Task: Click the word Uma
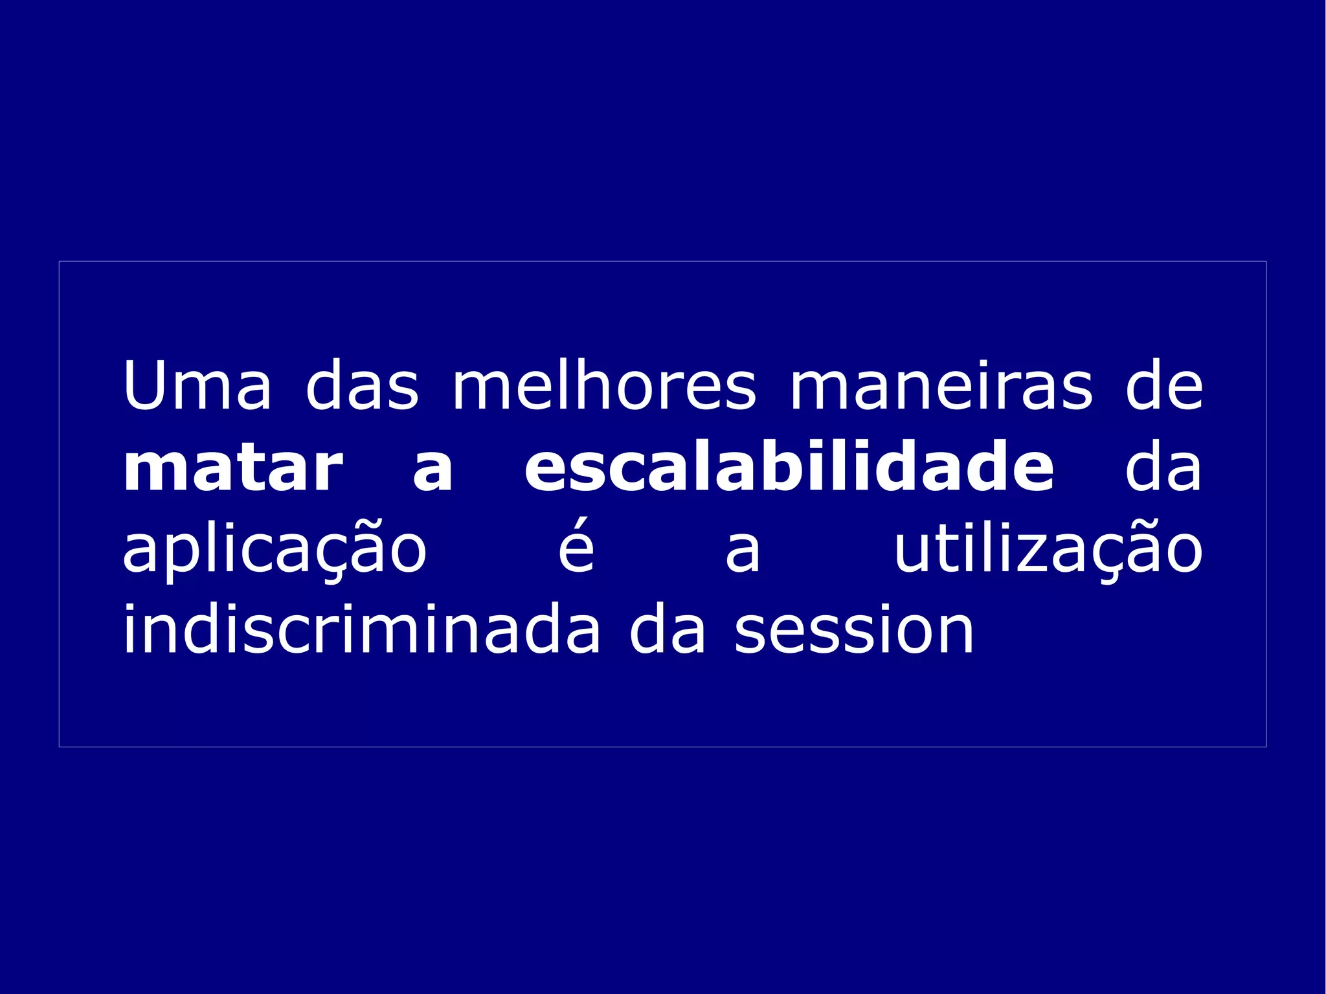pyautogui.click(x=197, y=386)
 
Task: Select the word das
pyautogui.click(x=362, y=386)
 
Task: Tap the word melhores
pyautogui.click(x=603, y=386)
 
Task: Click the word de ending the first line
pyautogui.click(x=1164, y=387)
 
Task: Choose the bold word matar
pyautogui.click(x=233, y=468)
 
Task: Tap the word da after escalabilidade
pyautogui.click(x=1163, y=468)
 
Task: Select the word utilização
pyautogui.click(x=1048, y=549)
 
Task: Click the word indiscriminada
pyautogui.click(x=361, y=629)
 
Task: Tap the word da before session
pyautogui.click(x=668, y=629)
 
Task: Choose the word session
pyautogui.click(x=854, y=631)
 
